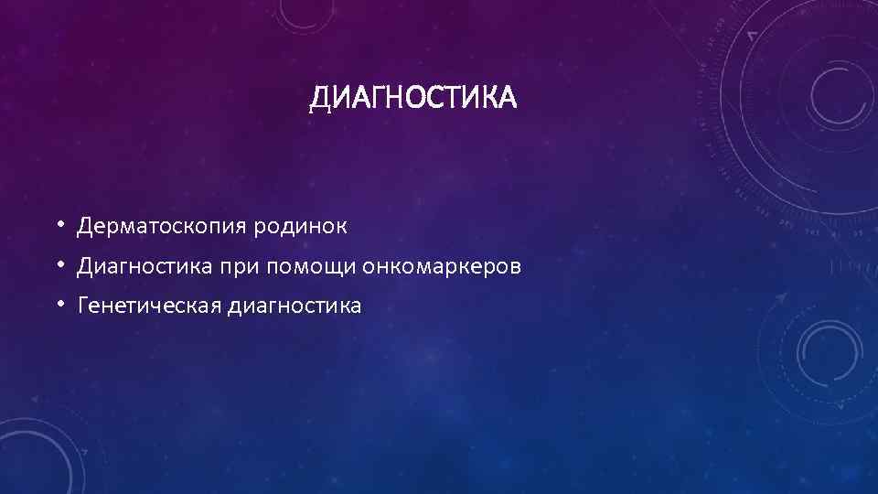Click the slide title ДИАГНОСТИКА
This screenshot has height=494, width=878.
412,97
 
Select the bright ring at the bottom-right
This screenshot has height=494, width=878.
830,352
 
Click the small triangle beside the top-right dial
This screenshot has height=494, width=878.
753,35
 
